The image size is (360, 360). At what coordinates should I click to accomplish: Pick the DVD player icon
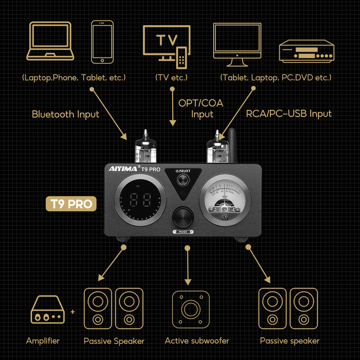(x=307, y=51)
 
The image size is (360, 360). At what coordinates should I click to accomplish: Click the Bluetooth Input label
(x=66, y=114)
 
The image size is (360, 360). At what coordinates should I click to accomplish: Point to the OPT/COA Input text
(x=201, y=109)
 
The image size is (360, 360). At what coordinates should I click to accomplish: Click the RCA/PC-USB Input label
(x=289, y=114)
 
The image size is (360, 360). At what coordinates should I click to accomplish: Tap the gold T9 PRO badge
(x=71, y=204)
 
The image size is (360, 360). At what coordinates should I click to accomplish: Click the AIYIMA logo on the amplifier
(x=122, y=168)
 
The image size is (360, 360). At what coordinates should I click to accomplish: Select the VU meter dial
(x=225, y=200)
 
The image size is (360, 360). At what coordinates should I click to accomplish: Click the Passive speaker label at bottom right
(x=289, y=341)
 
